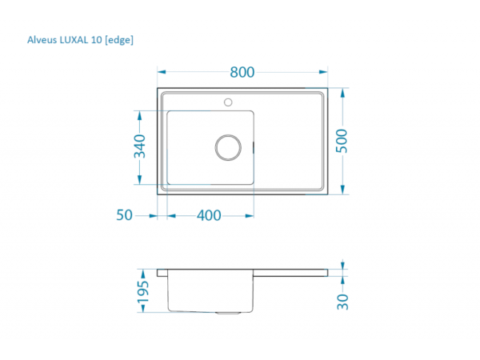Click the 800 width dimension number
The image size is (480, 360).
pyautogui.click(x=242, y=72)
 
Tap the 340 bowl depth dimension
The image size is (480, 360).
pyautogui.click(x=139, y=147)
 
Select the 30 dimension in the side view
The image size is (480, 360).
pyautogui.click(x=342, y=302)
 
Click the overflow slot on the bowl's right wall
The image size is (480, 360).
pyautogui.click(x=254, y=146)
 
